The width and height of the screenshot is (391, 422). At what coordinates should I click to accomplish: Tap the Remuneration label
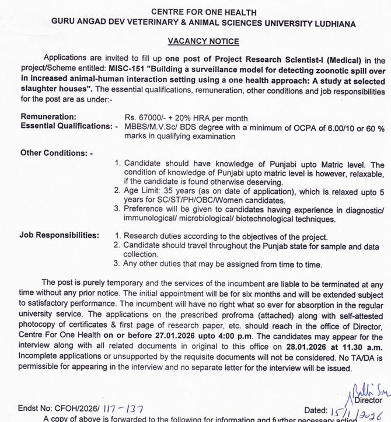[x=48, y=117]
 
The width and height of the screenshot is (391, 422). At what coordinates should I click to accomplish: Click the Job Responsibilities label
[x=59, y=236]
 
